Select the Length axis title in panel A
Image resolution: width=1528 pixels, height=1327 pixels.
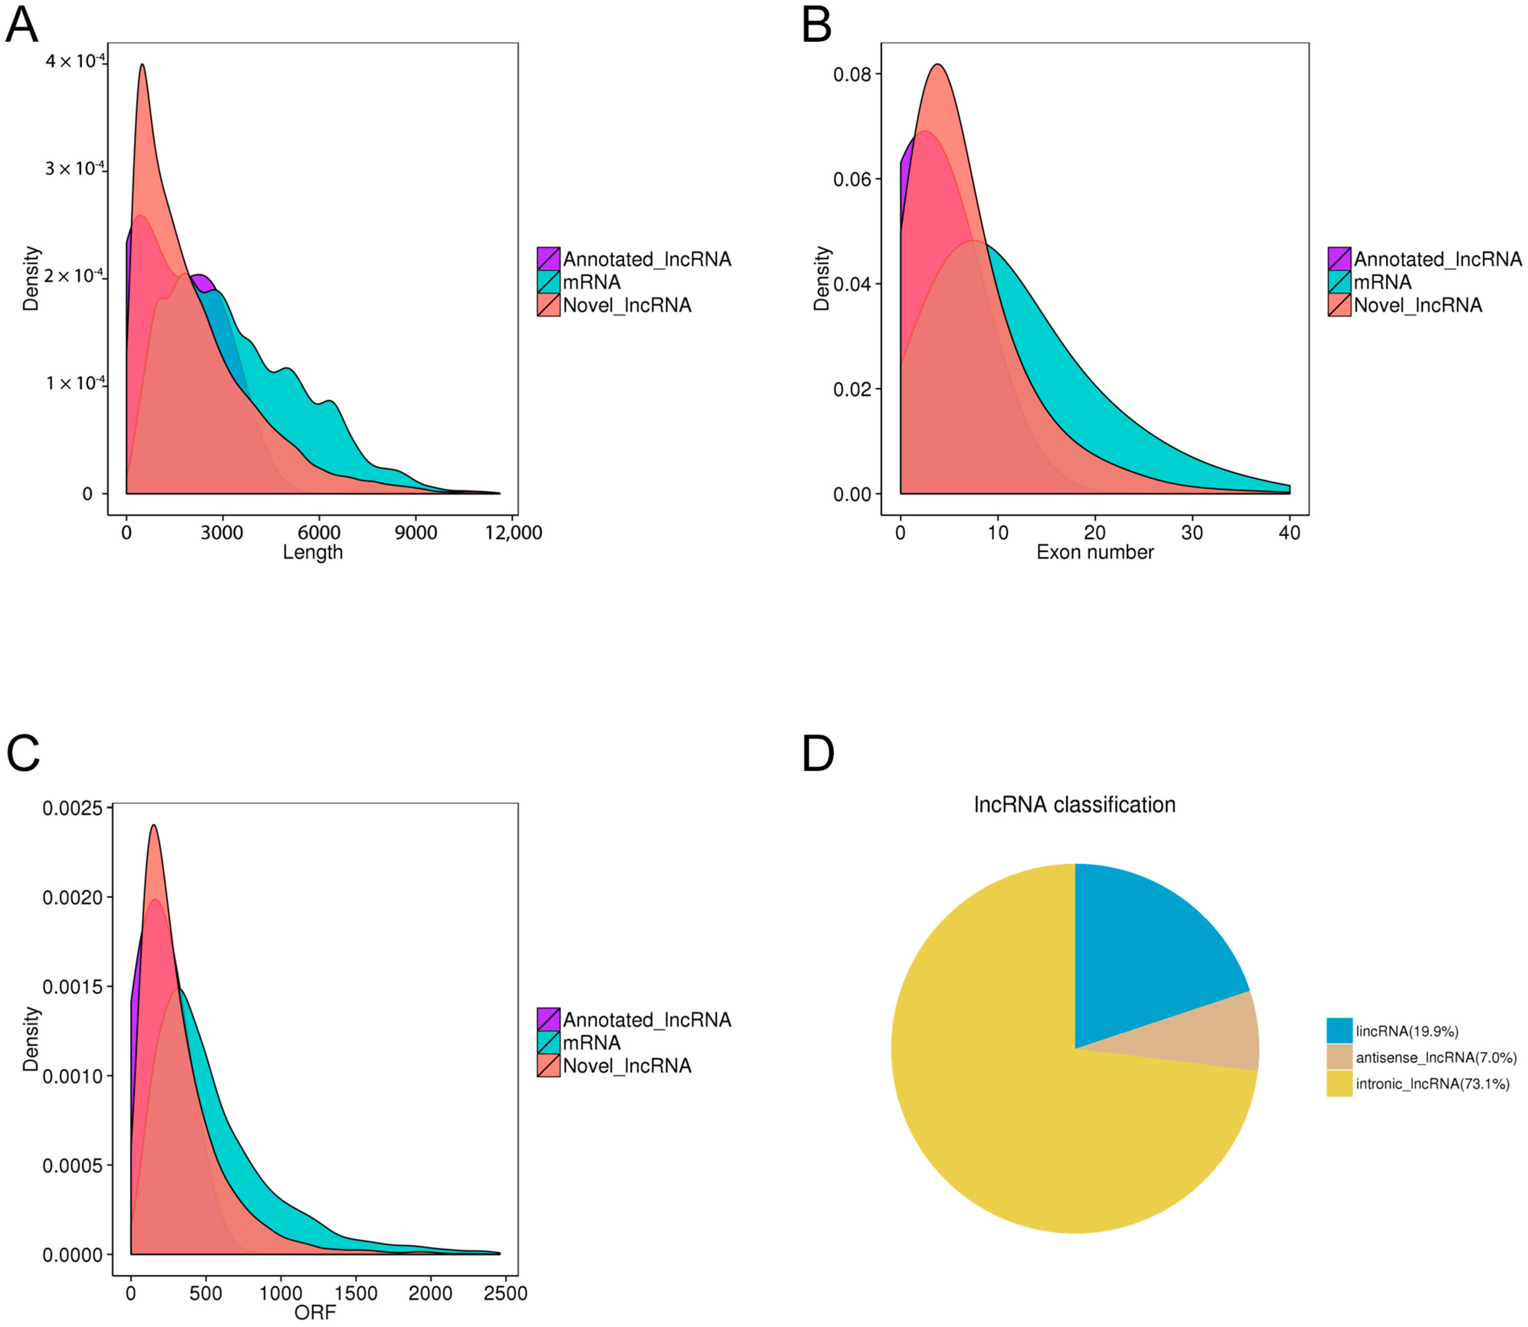[313, 553]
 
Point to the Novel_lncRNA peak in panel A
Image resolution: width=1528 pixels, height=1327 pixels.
[142, 67]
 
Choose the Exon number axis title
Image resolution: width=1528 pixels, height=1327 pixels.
[1095, 553]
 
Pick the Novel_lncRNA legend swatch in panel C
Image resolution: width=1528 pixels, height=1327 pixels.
[548, 1066]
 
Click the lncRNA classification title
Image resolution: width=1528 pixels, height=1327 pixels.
[1074, 805]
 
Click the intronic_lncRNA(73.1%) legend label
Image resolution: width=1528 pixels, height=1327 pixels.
[1432, 1084]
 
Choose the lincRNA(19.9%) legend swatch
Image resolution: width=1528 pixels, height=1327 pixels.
[1339, 1031]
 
